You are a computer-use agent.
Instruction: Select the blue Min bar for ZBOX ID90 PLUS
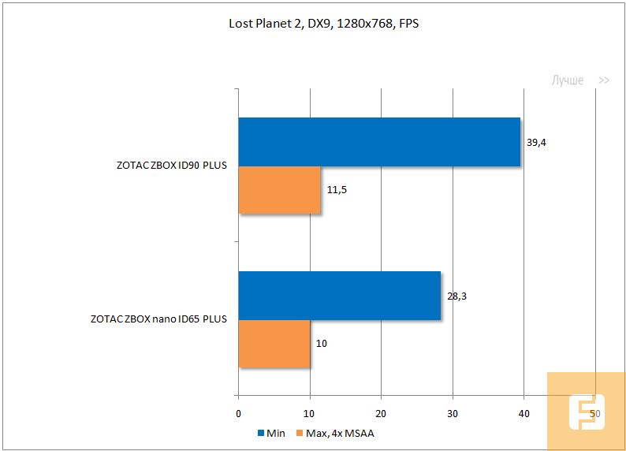pyautogui.click(x=379, y=142)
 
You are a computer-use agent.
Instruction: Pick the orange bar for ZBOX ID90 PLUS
pyautogui.click(x=279, y=190)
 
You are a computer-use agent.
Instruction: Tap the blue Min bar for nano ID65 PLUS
pyautogui.click(x=339, y=296)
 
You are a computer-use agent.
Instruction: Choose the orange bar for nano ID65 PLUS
pyautogui.click(x=274, y=344)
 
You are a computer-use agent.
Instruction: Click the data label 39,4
pyautogui.click(x=537, y=142)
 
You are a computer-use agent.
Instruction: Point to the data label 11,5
pyautogui.click(x=337, y=190)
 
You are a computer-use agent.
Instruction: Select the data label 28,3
pyautogui.click(x=456, y=296)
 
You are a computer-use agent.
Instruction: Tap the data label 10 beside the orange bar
pyautogui.click(x=322, y=344)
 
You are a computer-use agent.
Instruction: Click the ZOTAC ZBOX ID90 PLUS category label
pyautogui.click(x=170, y=166)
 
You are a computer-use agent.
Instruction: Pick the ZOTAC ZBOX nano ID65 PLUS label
pyautogui.click(x=158, y=319)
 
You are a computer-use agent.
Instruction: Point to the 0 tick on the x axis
pyautogui.click(x=238, y=413)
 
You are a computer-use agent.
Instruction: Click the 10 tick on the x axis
pyautogui.click(x=310, y=413)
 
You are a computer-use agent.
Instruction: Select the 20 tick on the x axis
pyautogui.click(x=381, y=413)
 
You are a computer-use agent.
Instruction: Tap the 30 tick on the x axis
pyautogui.click(x=453, y=413)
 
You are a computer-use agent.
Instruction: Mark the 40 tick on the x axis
pyautogui.click(x=524, y=413)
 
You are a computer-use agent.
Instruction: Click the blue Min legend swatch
pyautogui.click(x=260, y=433)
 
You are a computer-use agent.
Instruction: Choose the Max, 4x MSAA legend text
pyautogui.click(x=335, y=433)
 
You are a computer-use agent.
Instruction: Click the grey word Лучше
pyautogui.click(x=567, y=80)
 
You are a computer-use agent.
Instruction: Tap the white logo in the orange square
pyautogui.click(x=586, y=412)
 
